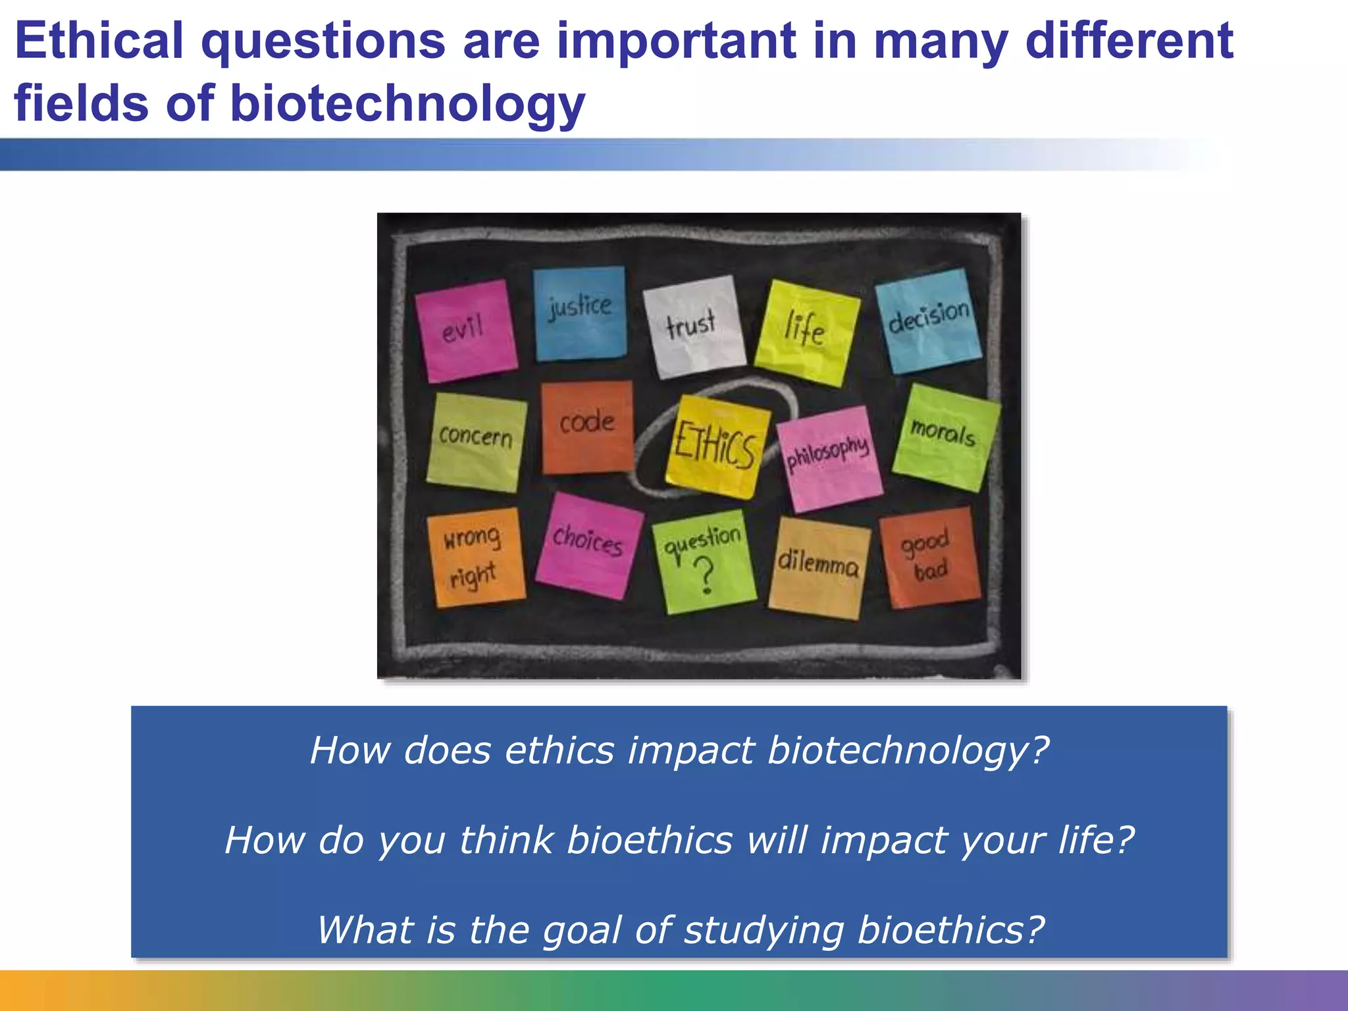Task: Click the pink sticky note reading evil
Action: click(x=466, y=330)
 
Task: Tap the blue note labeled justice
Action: click(x=579, y=313)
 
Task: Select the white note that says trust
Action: click(x=694, y=326)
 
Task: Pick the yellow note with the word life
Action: click(x=806, y=332)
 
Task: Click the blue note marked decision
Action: click(x=928, y=321)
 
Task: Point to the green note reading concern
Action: click(x=476, y=442)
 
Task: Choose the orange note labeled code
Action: click(x=586, y=427)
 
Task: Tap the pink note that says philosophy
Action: click(x=829, y=458)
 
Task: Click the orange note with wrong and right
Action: click(x=475, y=557)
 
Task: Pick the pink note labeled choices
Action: click(x=588, y=546)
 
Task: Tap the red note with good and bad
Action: click(x=929, y=556)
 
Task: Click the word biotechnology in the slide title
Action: click(x=408, y=104)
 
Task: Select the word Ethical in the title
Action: click(x=99, y=41)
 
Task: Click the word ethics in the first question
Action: click(x=559, y=750)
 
